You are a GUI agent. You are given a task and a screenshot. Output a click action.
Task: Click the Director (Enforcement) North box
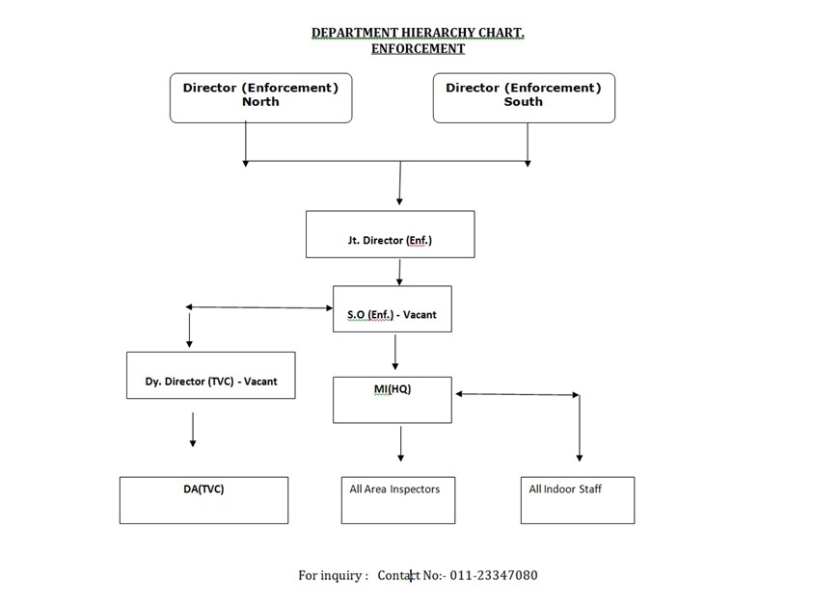tap(261, 98)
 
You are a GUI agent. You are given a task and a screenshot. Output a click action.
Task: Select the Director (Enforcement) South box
tap(524, 98)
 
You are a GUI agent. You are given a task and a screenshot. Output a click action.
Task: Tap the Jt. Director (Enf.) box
tap(390, 234)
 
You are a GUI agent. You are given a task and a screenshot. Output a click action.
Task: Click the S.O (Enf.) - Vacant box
tap(393, 308)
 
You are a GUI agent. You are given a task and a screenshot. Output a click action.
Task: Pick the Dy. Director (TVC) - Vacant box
tap(210, 375)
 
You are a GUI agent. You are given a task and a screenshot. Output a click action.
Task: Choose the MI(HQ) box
tap(393, 400)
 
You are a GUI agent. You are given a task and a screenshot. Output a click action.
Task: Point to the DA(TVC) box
tap(203, 500)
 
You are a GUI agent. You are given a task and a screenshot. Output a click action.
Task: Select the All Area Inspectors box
tap(398, 500)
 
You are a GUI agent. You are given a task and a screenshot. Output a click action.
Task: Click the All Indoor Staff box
tap(578, 500)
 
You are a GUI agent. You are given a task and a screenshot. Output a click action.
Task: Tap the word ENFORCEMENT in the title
tap(418, 49)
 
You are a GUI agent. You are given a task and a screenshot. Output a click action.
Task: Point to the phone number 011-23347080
tap(494, 575)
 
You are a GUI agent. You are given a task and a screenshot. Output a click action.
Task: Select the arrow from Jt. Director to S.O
tap(399, 272)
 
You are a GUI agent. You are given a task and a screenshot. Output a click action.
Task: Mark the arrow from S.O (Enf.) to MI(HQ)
tap(395, 352)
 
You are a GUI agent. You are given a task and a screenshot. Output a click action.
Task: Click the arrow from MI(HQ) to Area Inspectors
tap(401, 443)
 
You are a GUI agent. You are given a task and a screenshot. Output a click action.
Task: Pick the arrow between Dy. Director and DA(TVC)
tap(193, 429)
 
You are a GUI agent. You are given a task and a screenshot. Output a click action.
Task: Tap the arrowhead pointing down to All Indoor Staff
tap(579, 458)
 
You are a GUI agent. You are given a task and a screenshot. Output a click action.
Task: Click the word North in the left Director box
tap(261, 102)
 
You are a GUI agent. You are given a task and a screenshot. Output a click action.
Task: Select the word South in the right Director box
tap(524, 102)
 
